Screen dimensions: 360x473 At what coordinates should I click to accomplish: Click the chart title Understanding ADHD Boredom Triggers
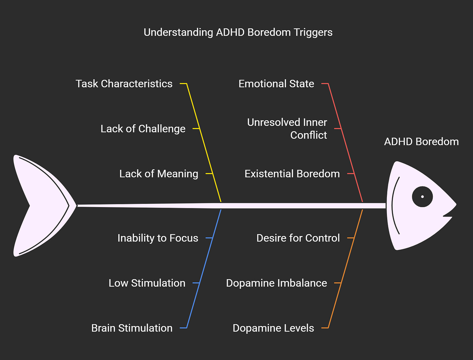tap(238, 32)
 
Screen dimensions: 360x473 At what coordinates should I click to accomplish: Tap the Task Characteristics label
tap(124, 84)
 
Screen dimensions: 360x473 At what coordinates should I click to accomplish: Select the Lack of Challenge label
tap(143, 129)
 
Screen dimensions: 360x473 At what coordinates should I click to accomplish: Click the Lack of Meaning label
tap(159, 174)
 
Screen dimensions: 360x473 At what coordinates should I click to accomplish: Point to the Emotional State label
tap(276, 84)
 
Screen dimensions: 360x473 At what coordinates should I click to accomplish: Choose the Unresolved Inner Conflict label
tap(287, 129)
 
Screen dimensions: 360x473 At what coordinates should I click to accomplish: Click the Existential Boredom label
tap(292, 174)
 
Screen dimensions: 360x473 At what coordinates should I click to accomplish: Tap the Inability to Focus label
tap(158, 238)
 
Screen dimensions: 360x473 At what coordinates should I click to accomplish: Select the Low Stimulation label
tap(147, 283)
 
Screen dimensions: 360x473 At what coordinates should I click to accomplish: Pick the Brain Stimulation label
tap(132, 328)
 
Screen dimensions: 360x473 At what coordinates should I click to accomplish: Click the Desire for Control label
tap(298, 238)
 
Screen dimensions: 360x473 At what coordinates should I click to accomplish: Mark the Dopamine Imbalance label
tap(276, 283)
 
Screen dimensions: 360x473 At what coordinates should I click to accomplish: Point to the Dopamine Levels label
tap(273, 328)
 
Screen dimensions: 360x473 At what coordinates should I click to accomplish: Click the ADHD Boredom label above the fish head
tap(421, 142)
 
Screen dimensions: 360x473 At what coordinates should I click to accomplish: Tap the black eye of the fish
tap(422, 197)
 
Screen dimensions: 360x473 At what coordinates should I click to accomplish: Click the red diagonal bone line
tap(345, 143)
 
